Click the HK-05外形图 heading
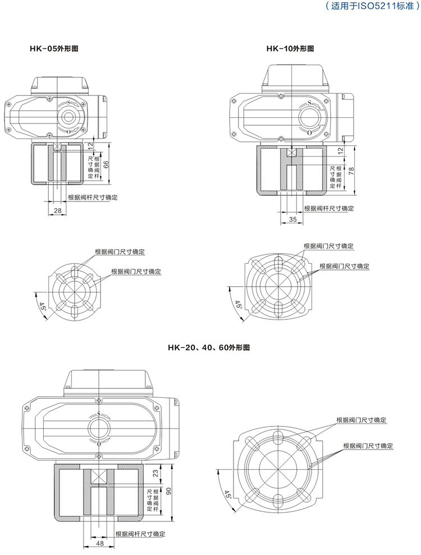[x=54, y=49]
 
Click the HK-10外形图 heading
[x=290, y=49]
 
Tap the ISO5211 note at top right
[x=372, y=8]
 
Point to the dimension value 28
[x=57, y=210]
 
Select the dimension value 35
[x=292, y=219]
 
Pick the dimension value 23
[x=155, y=474]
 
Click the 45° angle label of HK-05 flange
[x=43, y=307]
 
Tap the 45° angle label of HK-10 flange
[x=239, y=306]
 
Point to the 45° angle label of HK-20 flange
[x=227, y=494]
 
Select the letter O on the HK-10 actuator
[x=309, y=132]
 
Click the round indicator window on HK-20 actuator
[x=99, y=428]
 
